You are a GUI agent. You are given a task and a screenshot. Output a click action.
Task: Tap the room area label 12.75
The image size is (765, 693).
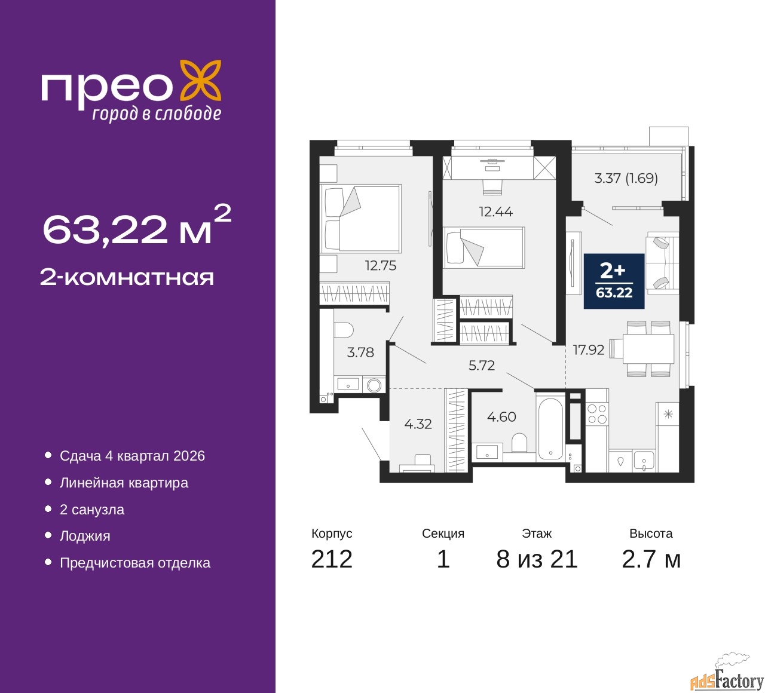coord(380,265)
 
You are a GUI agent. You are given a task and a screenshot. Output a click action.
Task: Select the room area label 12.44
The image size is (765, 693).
coord(495,211)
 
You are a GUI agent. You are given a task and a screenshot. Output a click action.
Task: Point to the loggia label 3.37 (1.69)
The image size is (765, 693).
coord(625,178)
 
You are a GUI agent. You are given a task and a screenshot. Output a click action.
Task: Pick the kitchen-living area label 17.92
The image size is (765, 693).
coord(589,349)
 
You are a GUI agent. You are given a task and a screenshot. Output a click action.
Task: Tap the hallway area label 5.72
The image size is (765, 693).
coord(481,365)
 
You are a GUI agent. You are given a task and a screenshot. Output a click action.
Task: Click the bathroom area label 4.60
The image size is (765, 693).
coord(501,416)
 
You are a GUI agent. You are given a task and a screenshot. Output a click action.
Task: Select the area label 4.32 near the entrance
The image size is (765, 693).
coord(418,424)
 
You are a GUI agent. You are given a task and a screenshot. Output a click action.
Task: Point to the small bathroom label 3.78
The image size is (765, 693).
coord(360,352)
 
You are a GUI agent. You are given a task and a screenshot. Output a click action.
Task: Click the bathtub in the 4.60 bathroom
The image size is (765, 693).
coord(549,427)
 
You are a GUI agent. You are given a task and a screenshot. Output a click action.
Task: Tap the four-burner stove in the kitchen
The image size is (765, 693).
coord(597,414)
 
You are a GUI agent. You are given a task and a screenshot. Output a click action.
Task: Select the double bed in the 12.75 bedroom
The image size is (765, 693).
coord(360,219)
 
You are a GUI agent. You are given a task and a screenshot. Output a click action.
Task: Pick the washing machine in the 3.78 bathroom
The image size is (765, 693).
coord(374,385)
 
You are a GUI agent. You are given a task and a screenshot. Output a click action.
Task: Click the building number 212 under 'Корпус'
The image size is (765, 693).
coord(331,559)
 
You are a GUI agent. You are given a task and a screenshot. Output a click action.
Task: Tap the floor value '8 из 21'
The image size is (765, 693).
coord(537,559)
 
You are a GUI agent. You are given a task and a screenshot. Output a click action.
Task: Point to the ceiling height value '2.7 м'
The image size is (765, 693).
coord(651,559)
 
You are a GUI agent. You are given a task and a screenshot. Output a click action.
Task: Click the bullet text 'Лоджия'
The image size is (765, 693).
coord(85,536)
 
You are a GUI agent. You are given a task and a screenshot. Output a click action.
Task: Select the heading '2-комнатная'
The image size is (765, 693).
coord(127,277)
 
